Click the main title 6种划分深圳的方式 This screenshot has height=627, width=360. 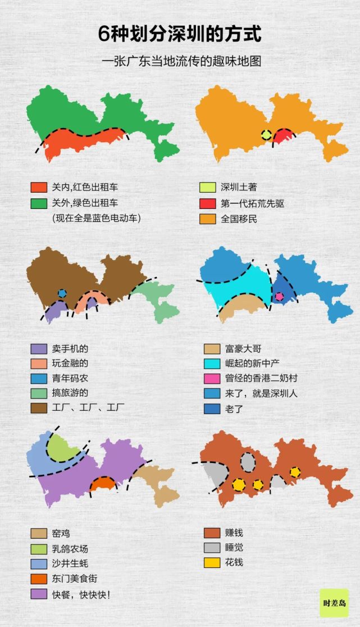[x=180, y=35]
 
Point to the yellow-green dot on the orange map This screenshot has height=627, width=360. [x=266, y=135]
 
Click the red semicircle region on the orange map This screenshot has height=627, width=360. [x=284, y=137]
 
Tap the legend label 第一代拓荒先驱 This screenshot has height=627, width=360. [x=252, y=203]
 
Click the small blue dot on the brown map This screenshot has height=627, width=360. [x=62, y=293]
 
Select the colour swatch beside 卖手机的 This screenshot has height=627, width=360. [x=39, y=349]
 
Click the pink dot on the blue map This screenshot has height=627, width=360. [x=279, y=296]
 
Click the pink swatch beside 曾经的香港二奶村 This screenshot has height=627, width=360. [x=211, y=378]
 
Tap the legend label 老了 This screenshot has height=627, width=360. [x=230, y=408]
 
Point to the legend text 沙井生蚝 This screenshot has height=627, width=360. [x=70, y=563]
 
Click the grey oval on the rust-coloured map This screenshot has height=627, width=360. [x=248, y=462]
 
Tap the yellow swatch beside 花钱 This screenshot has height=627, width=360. [x=211, y=562]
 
